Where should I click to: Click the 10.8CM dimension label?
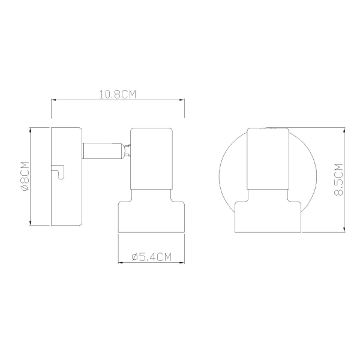118,94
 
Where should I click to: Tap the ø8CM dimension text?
25,176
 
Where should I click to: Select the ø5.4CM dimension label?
152,257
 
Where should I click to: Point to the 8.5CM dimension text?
338,179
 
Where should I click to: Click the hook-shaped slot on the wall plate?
59,172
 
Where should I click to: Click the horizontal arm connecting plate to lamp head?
102,151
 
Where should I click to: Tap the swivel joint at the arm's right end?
127,151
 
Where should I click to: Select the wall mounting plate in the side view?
67,176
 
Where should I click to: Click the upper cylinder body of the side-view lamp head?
152,158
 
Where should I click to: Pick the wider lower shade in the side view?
151,211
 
